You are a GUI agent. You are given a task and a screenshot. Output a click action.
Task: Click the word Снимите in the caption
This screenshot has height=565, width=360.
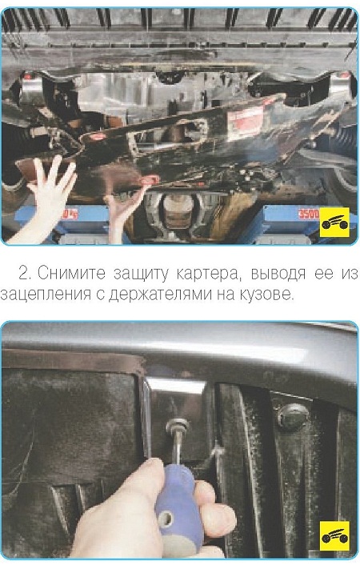[71, 274]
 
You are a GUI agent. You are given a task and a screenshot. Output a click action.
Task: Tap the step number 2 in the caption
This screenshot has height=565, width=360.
[25, 274]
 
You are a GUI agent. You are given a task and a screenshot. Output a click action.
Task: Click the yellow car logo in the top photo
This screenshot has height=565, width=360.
[334, 222]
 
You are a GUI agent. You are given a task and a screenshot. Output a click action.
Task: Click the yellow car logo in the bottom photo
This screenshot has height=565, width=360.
[334, 536]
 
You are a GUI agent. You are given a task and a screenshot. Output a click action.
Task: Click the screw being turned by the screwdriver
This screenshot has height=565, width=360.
[177, 426]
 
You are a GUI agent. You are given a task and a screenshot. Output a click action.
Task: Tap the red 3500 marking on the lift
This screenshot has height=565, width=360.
[309, 214]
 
